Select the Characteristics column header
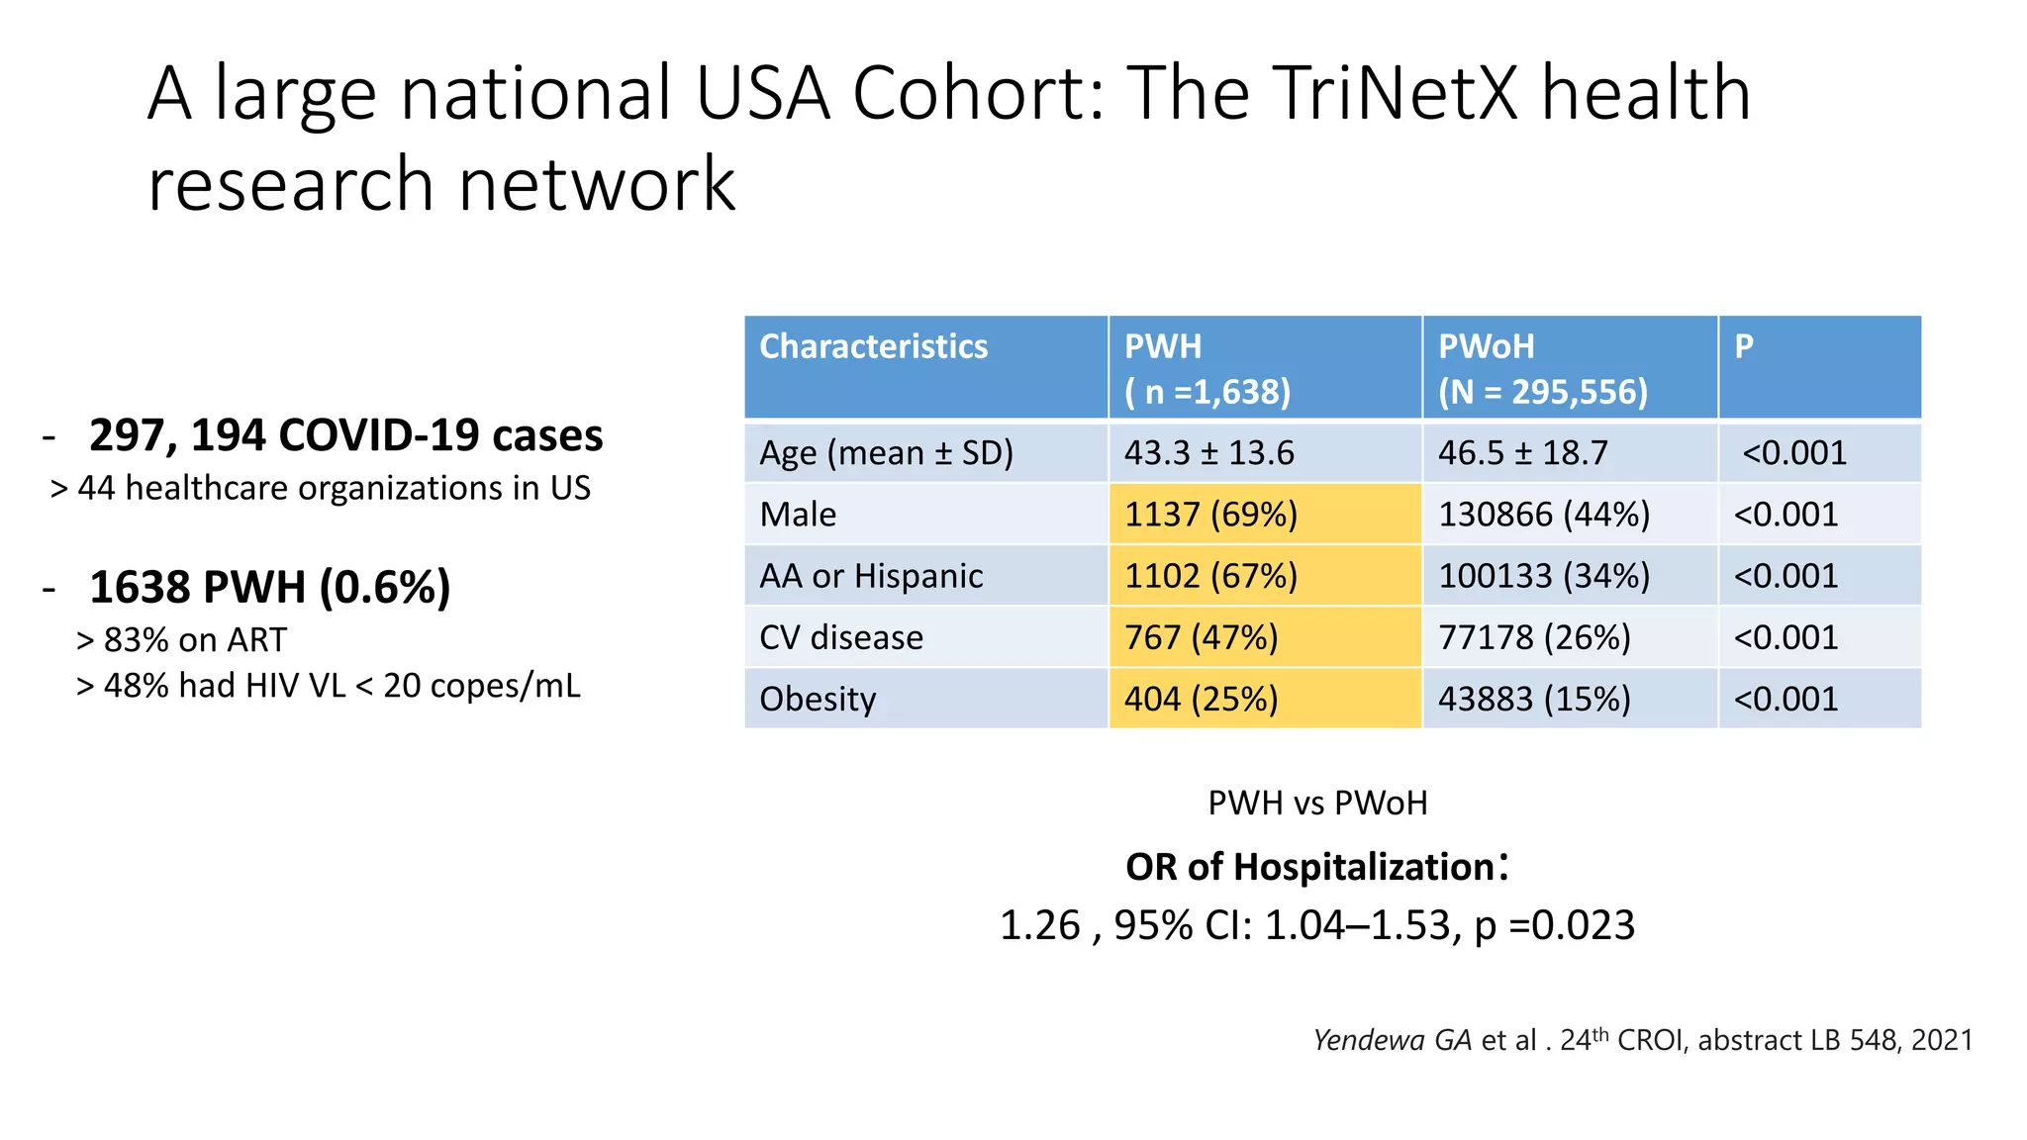[x=873, y=346]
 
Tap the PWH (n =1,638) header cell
[x=1207, y=368]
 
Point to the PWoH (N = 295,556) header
[x=1542, y=368]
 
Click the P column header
[x=1744, y=346]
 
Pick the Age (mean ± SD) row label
[x=886, y=453]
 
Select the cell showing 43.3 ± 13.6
[x=1208, y=453]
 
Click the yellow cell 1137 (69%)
[x=1210, y=515]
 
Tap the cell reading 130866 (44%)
[x=1543, y=515]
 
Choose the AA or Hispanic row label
[x=871, y=576]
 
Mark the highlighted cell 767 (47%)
[x=1201, y=637]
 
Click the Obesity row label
[x=818, y=699]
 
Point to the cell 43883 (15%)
[x=1533, y=699]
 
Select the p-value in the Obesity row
[x=1786, y=699]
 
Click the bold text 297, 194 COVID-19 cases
[x=345, y=435]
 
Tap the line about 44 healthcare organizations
[x=321, y=488]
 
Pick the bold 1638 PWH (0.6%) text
[x=269, y=587]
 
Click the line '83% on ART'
[x=182, y=640]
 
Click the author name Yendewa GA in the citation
[x=1392, y=1040]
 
